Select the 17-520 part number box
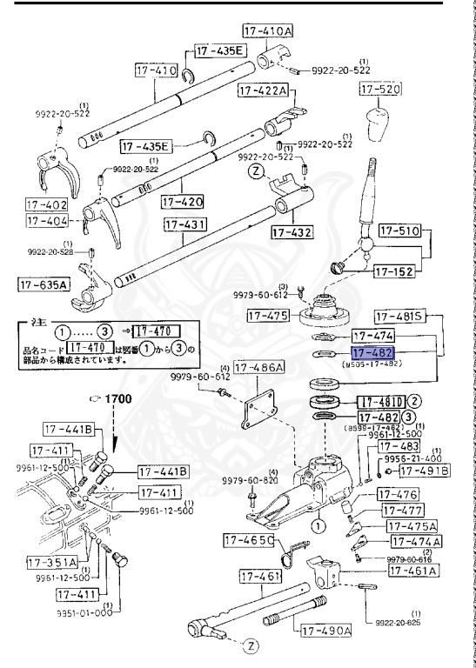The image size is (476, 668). click(x=379, y=90)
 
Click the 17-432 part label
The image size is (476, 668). click(x=292, y=232)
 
